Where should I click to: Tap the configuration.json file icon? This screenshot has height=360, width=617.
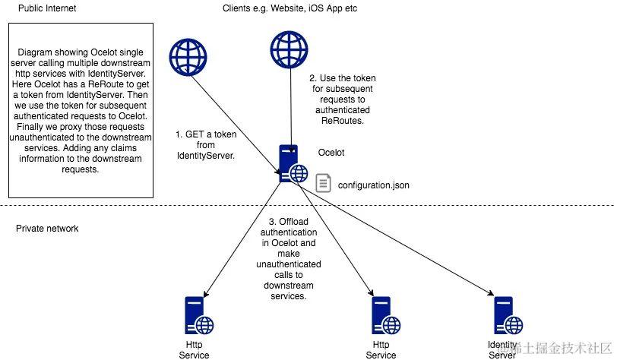tap(323, 183)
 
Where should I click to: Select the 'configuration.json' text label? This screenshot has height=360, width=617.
tap(372, 184)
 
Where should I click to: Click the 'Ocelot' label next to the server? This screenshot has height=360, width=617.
tap(331, 153)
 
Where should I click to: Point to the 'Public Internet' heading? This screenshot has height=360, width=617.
tap(46, 8)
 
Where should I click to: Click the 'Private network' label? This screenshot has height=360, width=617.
tap(47, 228)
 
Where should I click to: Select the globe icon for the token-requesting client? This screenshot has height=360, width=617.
tap(187, 55)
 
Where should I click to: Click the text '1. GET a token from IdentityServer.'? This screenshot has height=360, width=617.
tap(205, 144)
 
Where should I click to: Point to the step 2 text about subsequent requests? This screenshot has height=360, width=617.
tap(342, 99)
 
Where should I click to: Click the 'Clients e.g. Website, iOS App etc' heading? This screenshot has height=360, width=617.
tap(290, 8)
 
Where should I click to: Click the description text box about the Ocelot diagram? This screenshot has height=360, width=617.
tap(80, 110)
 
